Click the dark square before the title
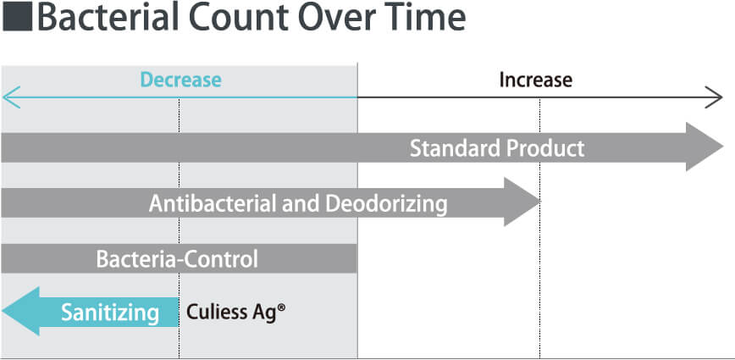(x=17, y=17)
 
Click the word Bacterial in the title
(x=108, y=17)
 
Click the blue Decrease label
(x=181, y=80)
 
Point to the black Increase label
(x=536, y=80)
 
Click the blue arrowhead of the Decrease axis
(x=10, y=97)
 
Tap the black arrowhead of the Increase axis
(x=715, y=97)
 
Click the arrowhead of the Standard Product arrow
(x=705, y=147)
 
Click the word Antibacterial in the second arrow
(x=213, y=204)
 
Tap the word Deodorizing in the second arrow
(x=386, y=204)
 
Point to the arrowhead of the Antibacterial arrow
(x=522, y=202)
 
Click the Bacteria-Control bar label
(x=177, y=259)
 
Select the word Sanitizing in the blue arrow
(x=110, y=313)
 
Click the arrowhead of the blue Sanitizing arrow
(x=20, y=311)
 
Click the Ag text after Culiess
(x=264, y=313)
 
